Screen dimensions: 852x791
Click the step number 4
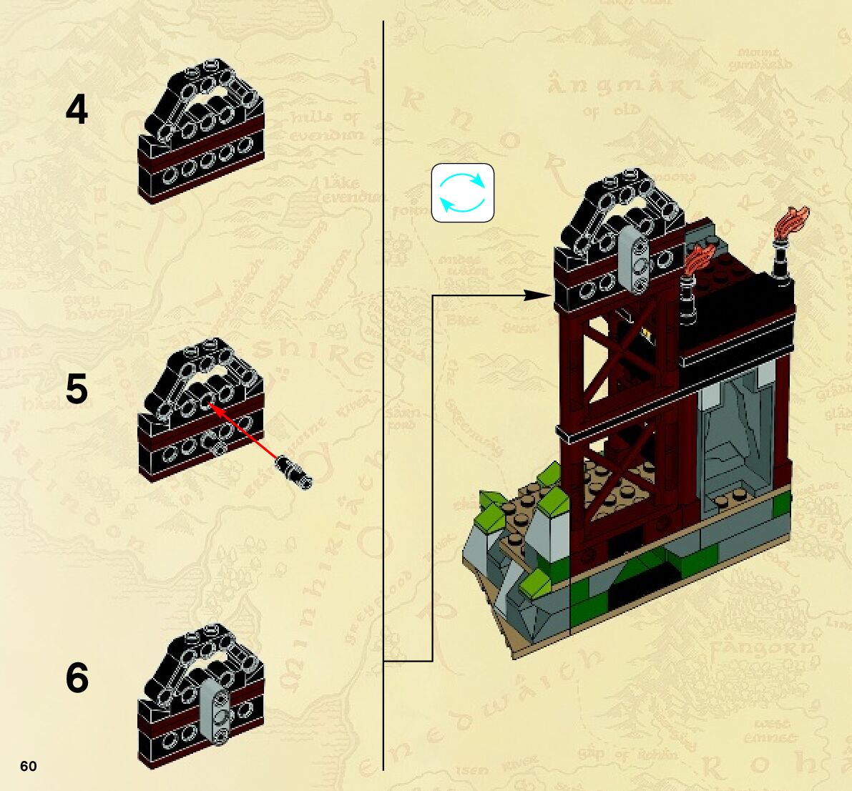tap(77, 111)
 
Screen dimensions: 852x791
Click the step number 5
tap(77, 390)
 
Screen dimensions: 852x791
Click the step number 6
tap(77, 678)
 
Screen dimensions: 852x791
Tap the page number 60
tap(28, 767)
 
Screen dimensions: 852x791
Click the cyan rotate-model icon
tap(462, 192)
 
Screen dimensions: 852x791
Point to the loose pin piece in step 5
tap(294, 470)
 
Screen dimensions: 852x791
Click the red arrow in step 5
tap(245, 433)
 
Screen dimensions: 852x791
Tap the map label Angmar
tap(620, 88)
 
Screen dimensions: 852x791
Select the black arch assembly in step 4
tap(202, 136)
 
